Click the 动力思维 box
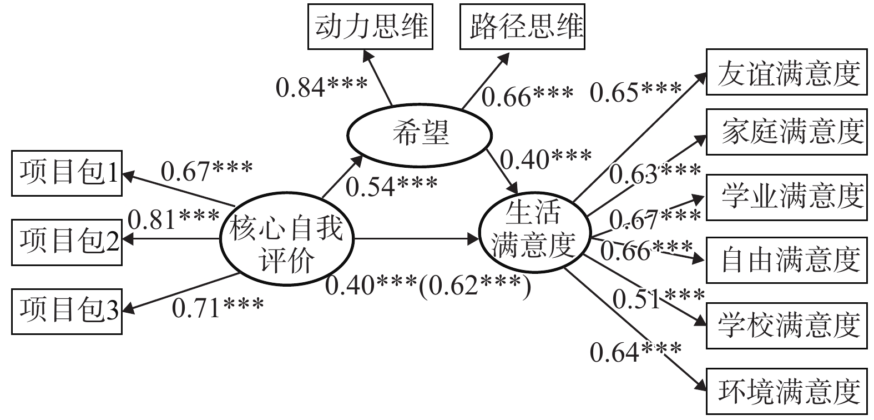[371, 26]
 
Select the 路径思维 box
[522, 26]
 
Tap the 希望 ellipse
[420, 134]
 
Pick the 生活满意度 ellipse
[533, 229]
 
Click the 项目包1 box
[67, 174]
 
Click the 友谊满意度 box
[787, 73]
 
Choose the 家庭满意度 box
[787, 132]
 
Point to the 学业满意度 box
[787, 196]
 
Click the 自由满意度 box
[787, 260]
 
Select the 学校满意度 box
[787, 326]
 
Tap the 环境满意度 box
[787, 391]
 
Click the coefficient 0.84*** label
[322, 87]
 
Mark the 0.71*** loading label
[218, 307]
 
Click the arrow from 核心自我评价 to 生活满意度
[416, 240]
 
